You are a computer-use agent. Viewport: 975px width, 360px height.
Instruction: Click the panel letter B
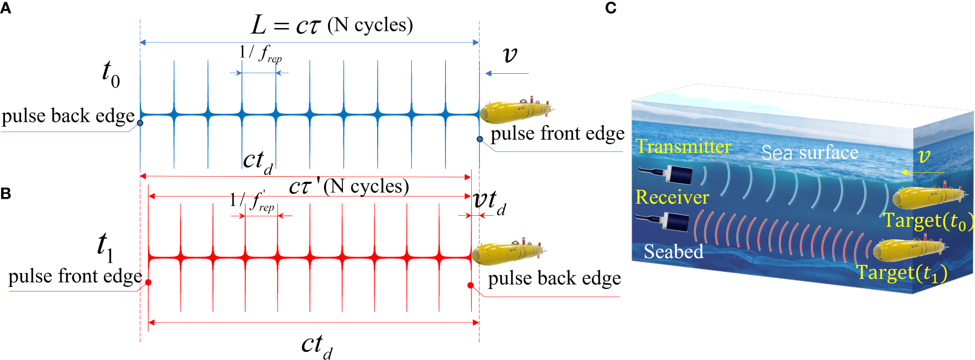click(6, 193)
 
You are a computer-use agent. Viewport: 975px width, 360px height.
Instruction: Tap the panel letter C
click(611, 8)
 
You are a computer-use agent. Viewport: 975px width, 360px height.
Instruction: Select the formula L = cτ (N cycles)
click(332, 25)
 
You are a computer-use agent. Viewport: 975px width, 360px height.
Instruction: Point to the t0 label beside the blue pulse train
click(111, 74)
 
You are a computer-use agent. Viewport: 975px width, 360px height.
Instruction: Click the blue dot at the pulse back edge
click(140, 123)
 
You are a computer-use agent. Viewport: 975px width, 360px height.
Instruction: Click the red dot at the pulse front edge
click(148, 282)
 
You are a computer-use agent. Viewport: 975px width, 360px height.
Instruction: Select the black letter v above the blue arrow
click(510, 54)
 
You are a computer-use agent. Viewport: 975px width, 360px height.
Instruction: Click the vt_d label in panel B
click(489, 201)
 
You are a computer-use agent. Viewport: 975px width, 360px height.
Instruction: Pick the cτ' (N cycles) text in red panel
click(348, 187)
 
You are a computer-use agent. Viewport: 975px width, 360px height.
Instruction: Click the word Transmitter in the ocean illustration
click(683, 146)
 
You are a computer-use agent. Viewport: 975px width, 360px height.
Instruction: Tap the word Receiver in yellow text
click(672, 197)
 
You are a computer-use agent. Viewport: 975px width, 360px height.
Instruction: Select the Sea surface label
click(809, 152)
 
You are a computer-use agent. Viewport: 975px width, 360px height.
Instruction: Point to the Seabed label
click(673, 252)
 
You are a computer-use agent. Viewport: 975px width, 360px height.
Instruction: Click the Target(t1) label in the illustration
click(901, 273)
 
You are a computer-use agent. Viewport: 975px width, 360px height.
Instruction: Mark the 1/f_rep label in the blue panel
click(260, 54)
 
